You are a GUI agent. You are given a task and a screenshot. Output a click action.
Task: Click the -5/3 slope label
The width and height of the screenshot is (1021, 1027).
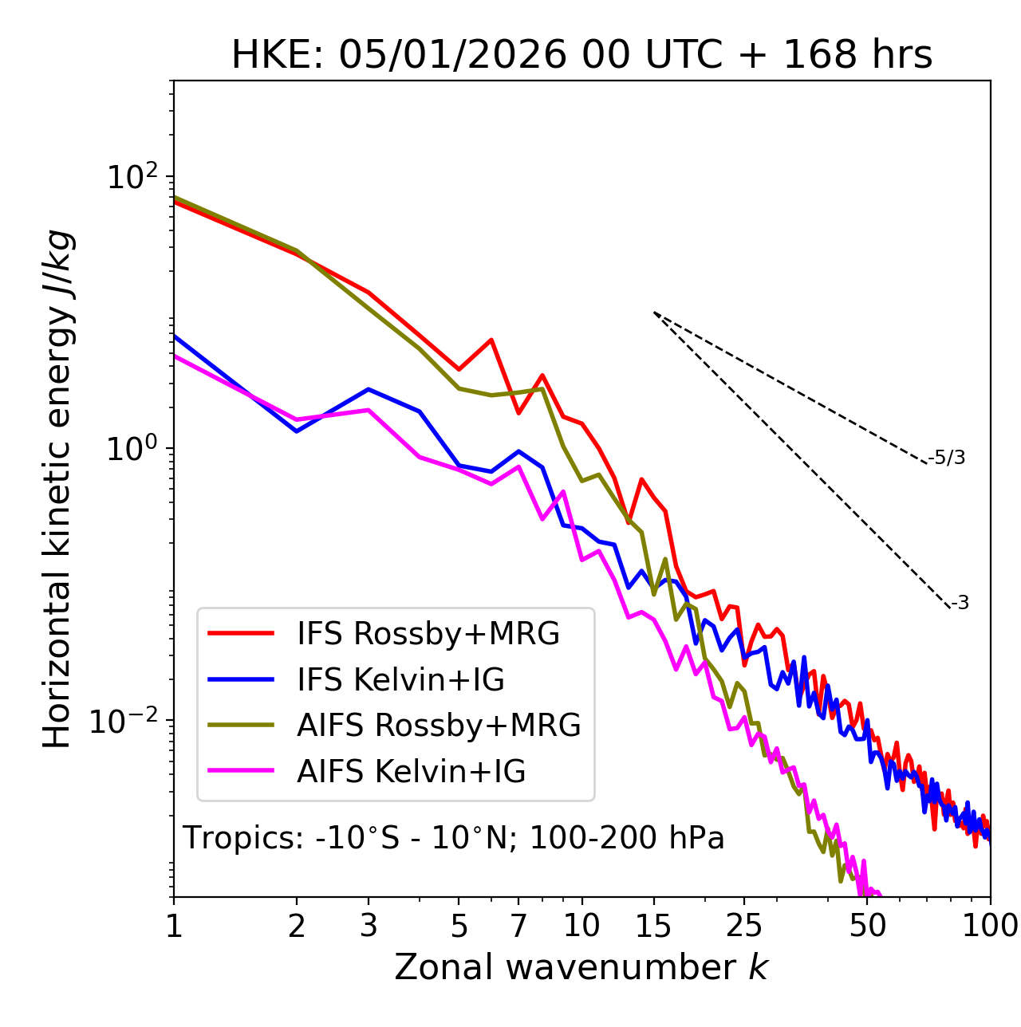coord(947,458)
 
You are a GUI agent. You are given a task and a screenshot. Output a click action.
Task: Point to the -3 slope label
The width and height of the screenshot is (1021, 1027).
coord(960,604)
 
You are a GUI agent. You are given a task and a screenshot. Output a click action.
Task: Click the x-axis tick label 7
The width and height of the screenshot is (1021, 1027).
coord(518,926)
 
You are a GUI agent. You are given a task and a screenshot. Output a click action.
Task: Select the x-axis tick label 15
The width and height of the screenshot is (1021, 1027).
coord(654,926)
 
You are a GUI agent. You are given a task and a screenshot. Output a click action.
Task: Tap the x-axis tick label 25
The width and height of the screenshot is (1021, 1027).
coord(744,926)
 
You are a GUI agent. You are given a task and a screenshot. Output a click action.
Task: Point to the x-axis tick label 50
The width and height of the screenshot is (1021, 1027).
coord(868,926)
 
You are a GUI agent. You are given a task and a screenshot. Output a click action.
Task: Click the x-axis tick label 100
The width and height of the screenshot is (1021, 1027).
coord(990,926)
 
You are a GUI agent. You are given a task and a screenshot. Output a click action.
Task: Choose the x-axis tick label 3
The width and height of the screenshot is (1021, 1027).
coord(369,926)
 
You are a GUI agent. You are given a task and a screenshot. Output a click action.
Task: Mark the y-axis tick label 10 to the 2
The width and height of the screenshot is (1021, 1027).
coord(128,178)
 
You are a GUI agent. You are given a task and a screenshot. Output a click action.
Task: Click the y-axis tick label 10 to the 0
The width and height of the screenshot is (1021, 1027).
coord(128,450)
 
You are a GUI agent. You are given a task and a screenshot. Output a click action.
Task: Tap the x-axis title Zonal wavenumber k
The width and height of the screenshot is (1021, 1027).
coord(581,967)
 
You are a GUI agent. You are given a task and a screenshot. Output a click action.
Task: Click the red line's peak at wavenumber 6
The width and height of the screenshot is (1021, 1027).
coord(491,340)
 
